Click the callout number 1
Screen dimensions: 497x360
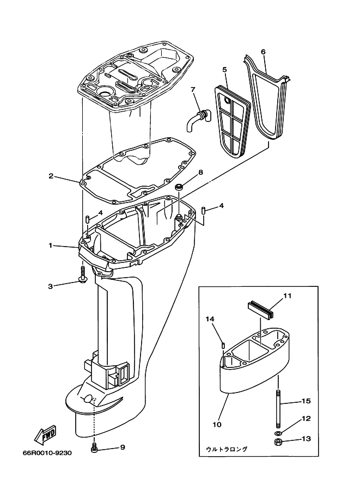(50, 246)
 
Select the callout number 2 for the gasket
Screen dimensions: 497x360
(51, 176)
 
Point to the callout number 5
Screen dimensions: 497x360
(224, 69)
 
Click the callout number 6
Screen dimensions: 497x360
(263, 52)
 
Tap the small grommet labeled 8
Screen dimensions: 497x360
(178, 188)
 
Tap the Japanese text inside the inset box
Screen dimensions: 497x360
(227, 449)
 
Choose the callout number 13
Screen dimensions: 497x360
(307, 439)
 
